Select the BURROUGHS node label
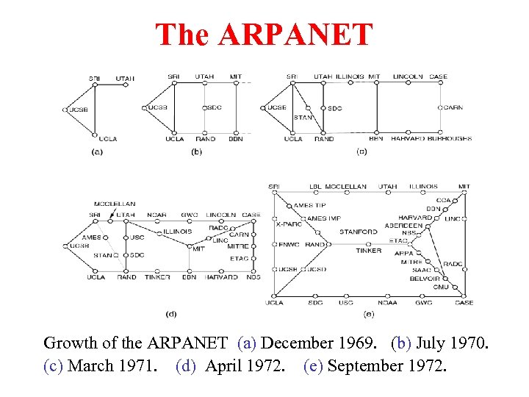point(449,138)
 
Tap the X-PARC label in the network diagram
point(289,223)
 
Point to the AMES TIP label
point(310,205)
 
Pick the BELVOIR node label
point(425,279)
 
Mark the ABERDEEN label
point(403,226)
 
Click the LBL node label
point(315,187)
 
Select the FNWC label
point(289,244)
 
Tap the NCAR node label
point(156,215)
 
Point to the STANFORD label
point(359,232)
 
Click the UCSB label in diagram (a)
point(79,110)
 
